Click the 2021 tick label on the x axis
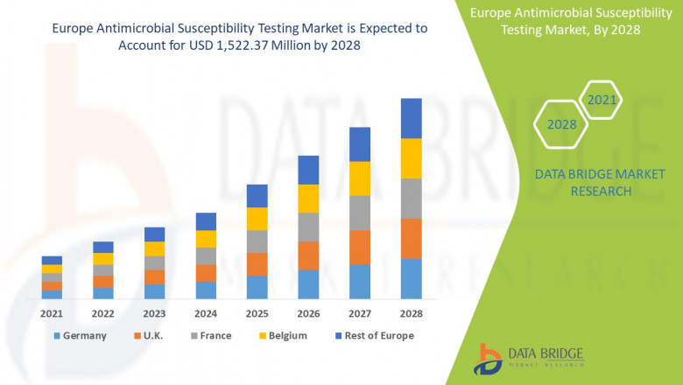point(52,313)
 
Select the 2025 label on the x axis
point(257,313)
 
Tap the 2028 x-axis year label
point(411,313)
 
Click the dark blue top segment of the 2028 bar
point(411,118)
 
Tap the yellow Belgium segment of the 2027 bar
point(360,178)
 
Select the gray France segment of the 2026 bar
point(308,227)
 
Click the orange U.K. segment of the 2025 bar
point(257,264)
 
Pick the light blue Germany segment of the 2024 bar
point(206,290)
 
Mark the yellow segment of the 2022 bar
point(103,258)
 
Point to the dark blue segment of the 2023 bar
point(154,234)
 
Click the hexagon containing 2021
point(601,101)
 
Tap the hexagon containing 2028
point(561,124)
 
